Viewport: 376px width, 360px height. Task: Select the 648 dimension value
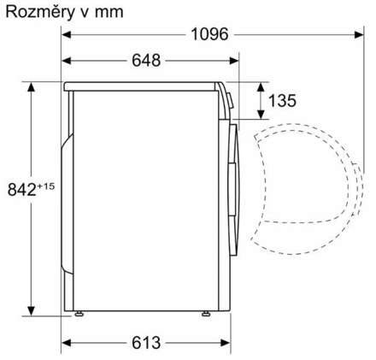pos(148,61)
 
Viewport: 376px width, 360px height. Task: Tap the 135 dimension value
pos(282,101)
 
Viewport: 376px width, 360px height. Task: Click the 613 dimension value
pos(146,343)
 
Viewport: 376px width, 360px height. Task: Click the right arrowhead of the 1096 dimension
pos(359,34)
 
